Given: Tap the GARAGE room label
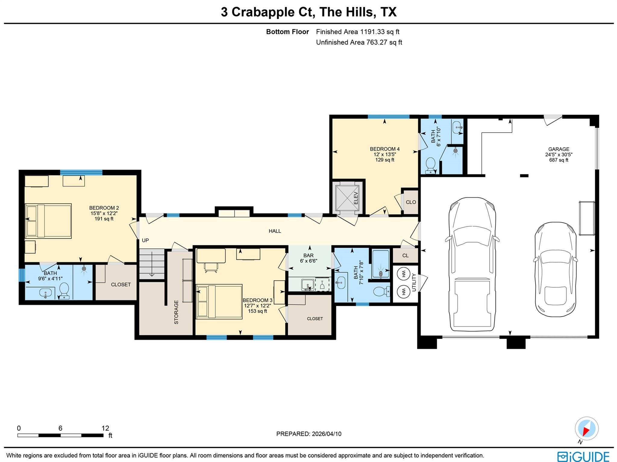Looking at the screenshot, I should (x=559, y=149).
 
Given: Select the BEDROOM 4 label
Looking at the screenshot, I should (x=384, y=149).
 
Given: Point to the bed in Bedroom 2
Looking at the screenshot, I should (x=48, y=221).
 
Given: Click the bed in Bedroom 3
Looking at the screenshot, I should (x=219, y=301).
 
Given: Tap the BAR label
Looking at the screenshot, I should (x=308, y=256).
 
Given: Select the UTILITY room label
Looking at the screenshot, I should (x=414, y=282).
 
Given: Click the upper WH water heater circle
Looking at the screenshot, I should (x=403, y=274).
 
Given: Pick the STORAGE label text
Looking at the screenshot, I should (x=176, y=312).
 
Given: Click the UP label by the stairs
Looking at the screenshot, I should (x=145, y=240).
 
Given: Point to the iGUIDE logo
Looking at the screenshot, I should (x=583, y=456).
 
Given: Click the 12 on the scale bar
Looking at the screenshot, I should (x=105, y=428).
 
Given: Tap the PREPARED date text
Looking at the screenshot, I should (x=308, y=434).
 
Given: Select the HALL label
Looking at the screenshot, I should (x=275, y=231).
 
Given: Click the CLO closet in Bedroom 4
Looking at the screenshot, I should (x=411, y=202).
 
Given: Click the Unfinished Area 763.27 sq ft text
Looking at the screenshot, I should (x=359, y=42).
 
